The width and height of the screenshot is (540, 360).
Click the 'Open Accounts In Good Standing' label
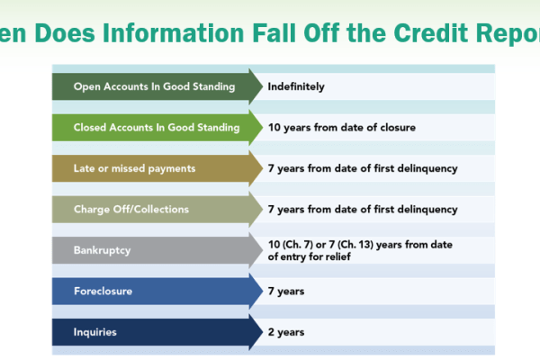(x=154, y=86)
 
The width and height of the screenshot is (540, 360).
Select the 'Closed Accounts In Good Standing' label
(x=157, y=128)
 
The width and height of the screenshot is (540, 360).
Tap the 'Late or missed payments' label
(x=134, y=168)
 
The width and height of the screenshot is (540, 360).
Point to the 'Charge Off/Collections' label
(x=131, y=209)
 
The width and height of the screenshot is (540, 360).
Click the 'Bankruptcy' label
(x=102, y=250)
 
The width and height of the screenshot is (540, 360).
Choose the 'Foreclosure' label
(x=103, y=291)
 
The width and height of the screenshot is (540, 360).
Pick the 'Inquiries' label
(x=95, y=332)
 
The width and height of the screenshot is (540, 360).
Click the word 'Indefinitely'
(x=296, y=86)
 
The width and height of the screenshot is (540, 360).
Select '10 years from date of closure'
(x=342, y=128)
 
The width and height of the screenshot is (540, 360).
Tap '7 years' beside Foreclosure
(x=286, y=292)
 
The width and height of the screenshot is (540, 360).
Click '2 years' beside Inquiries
(x=286, y=332)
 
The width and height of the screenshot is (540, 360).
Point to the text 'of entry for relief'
(x=310, y=256)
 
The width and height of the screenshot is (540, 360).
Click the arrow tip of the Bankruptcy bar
(x=263, y=250)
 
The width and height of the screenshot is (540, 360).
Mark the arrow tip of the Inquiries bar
(x=263, y=332)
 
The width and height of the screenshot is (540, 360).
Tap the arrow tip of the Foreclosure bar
(x=263, y=291)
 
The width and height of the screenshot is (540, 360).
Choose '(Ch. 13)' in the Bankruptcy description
(x=355, y=245)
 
